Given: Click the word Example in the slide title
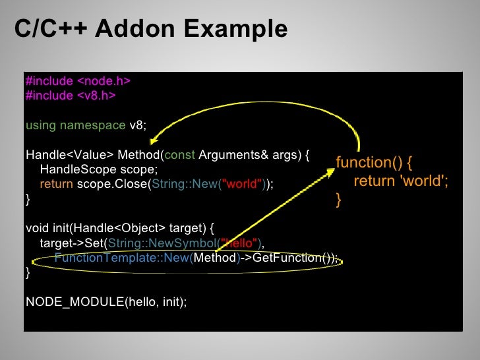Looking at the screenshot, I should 235,30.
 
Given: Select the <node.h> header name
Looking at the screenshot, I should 104,81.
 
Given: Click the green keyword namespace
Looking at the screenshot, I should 92,125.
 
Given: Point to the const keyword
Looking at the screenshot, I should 179,155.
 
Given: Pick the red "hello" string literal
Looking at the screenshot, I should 241,243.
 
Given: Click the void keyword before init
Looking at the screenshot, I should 37,229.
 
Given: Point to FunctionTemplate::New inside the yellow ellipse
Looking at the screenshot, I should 121,258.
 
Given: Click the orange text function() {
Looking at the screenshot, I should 373,163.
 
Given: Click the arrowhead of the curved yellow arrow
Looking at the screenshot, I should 152,141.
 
